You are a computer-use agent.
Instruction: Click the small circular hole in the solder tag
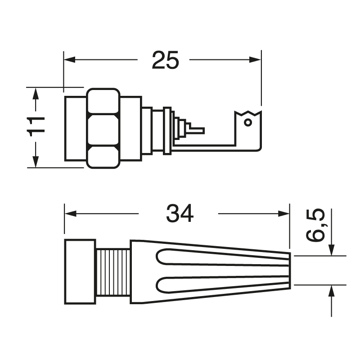[247, 122]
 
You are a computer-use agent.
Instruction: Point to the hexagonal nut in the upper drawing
[104, 129]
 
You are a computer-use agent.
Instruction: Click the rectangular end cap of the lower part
[80, 272]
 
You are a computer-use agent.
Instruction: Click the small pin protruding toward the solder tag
[197, 131]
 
